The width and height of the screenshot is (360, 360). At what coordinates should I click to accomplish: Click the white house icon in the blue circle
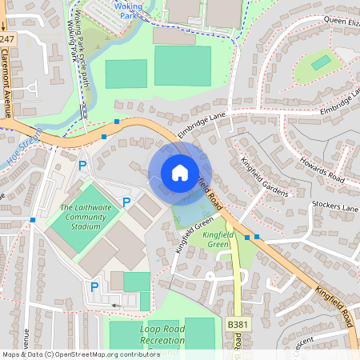pyautogui.click(x=180, y=173)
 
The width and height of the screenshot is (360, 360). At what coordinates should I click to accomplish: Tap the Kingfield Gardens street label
pyautogui.click(x=264, y=173)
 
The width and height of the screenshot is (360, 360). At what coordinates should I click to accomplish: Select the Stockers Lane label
pyautogui.click(x=335, y=208)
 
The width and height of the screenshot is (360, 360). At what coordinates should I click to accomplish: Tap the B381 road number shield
pyautogui.click(x=237, y=324)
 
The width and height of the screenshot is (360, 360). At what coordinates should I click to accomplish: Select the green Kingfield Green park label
pyautogui.click(x=218, y=239)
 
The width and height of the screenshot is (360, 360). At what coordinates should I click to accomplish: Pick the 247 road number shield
pyautogui.click(x=7, y=39)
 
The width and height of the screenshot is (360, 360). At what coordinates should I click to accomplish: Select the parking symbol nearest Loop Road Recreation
pyautogui.click(x=94, y=286)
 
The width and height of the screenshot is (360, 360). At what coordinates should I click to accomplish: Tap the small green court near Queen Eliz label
pyautogui.click(x=321, y=62)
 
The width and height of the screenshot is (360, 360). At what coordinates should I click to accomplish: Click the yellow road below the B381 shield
pyautogui.click(x=238, y=344)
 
